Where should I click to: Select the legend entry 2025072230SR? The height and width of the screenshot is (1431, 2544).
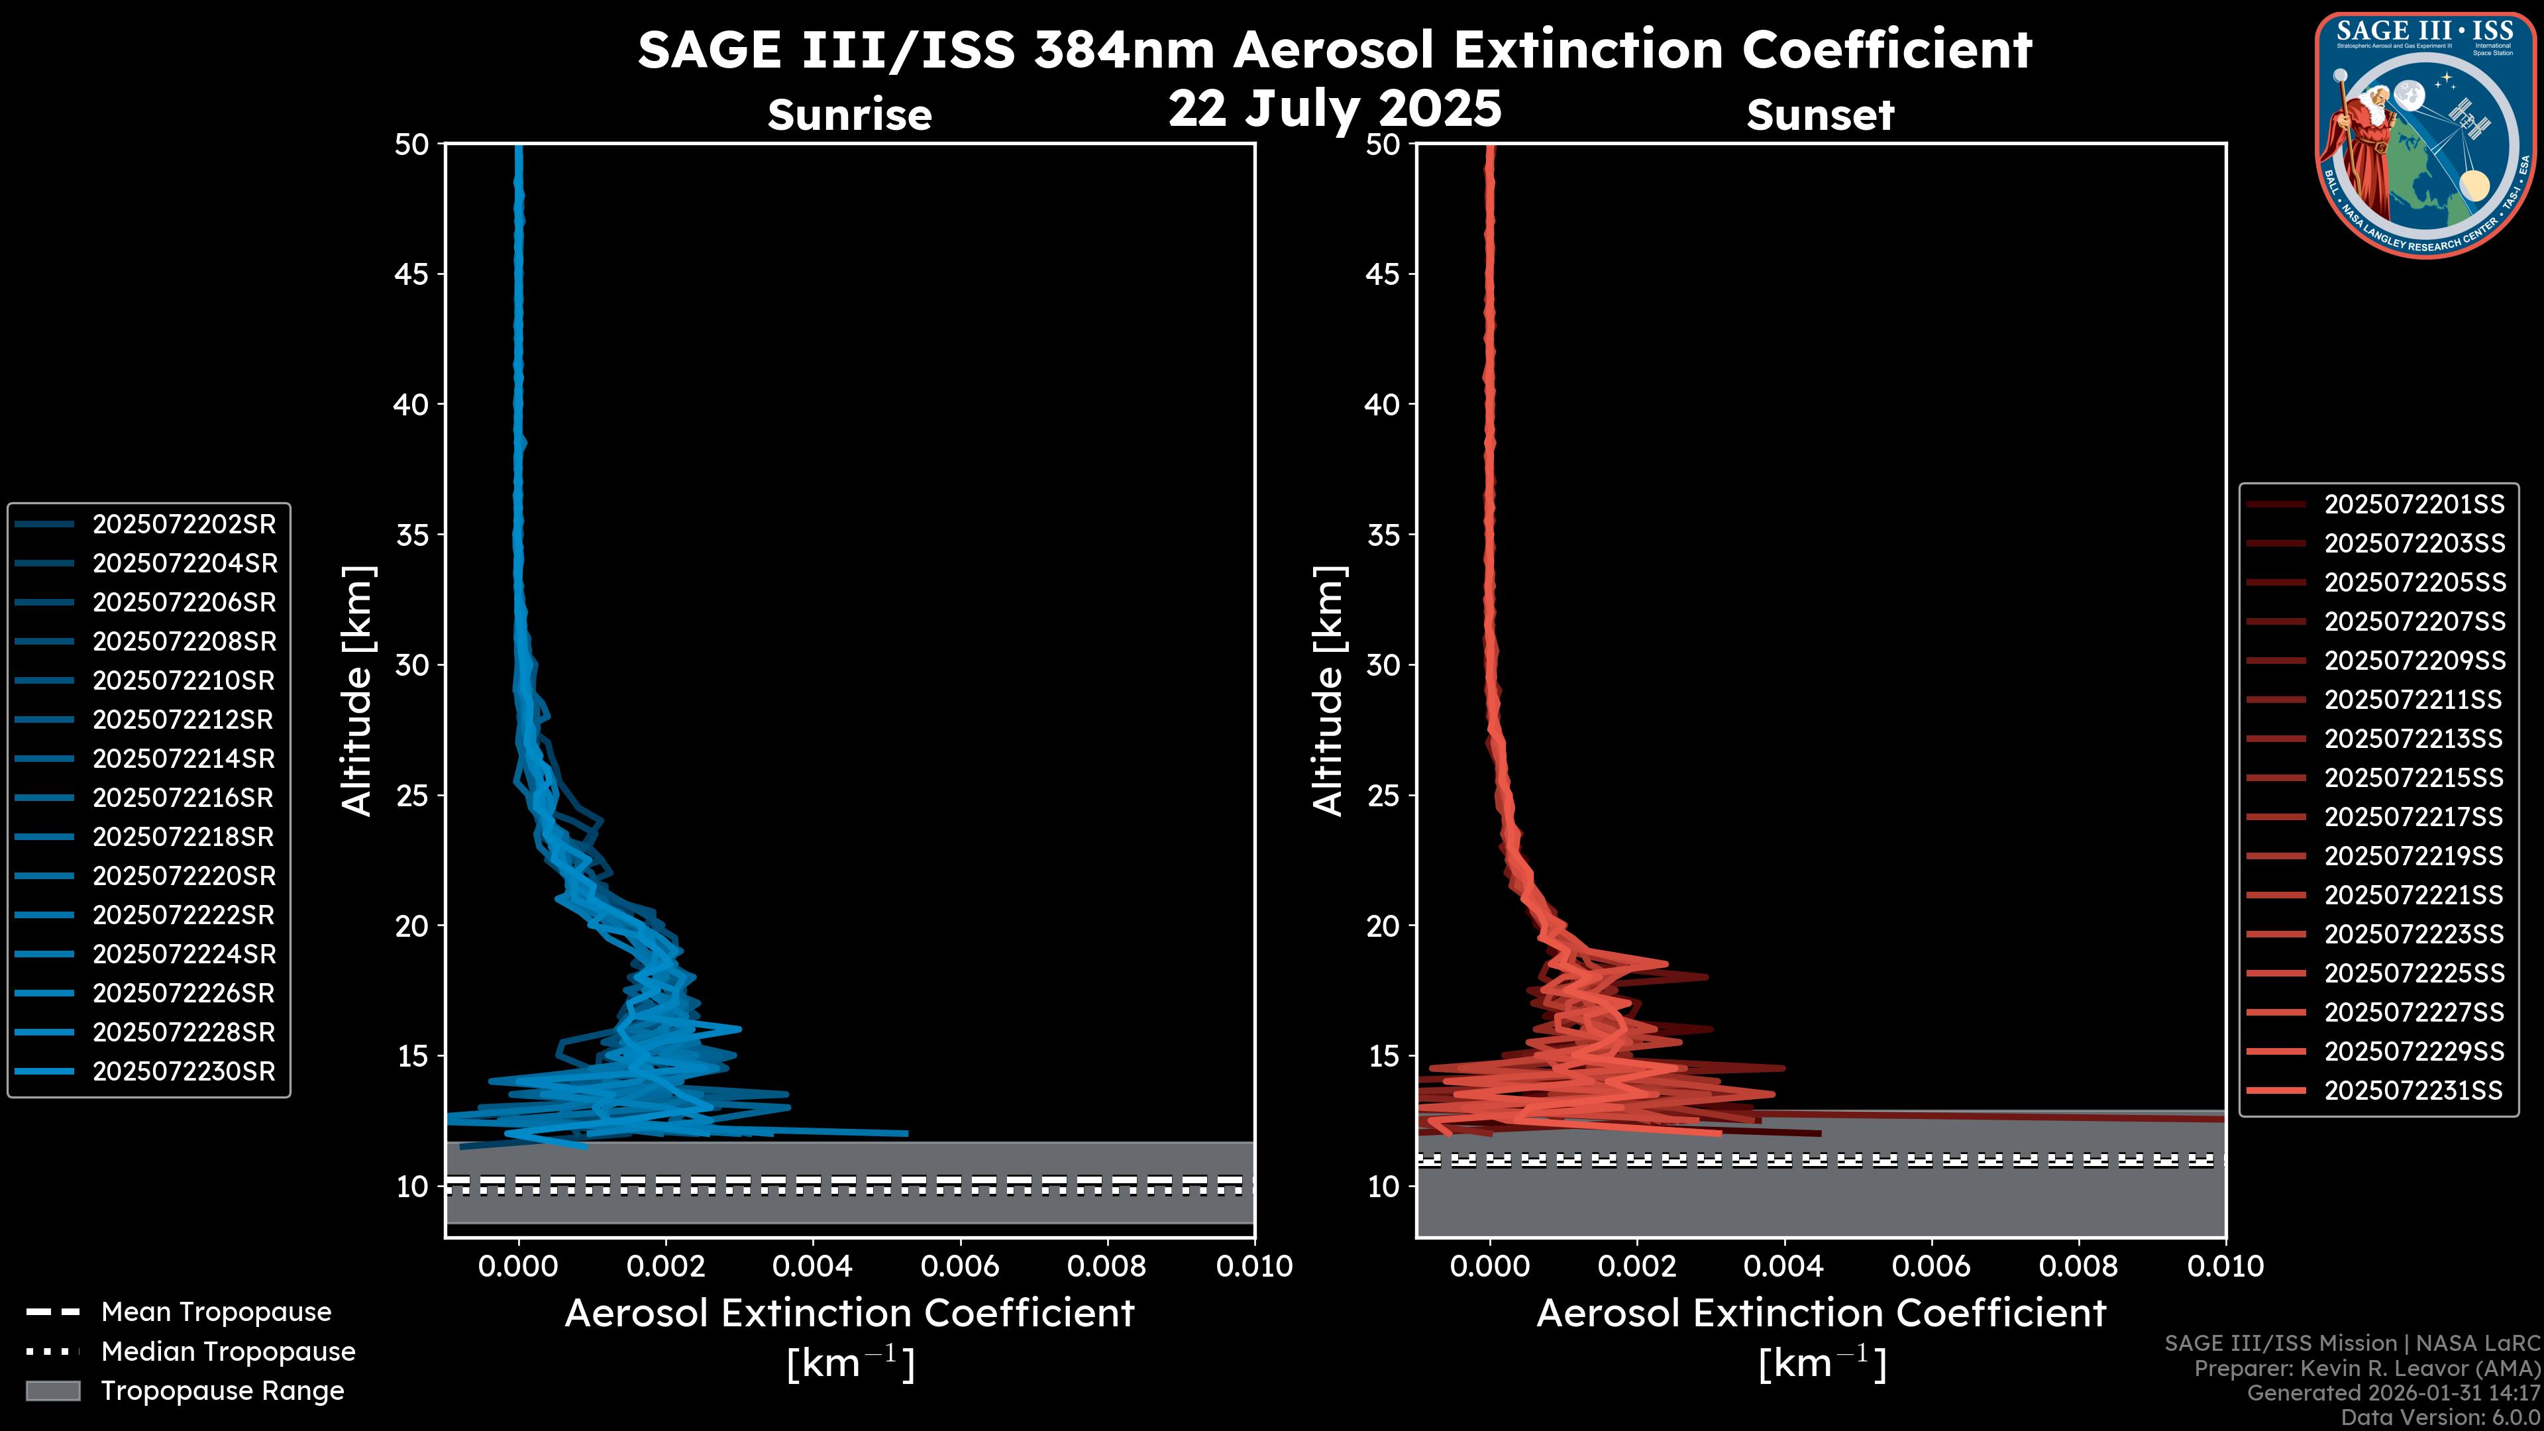click(184, 1071)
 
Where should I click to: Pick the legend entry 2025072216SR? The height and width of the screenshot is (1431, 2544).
click(184, 798)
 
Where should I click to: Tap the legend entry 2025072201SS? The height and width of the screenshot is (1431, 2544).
click(2413, 505)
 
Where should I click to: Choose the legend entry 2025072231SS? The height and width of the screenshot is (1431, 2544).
click(2413, 1090)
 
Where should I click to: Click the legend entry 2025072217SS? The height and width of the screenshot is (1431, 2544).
click(2413, 817)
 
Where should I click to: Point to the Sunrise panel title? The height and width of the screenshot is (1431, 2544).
click(849, 115)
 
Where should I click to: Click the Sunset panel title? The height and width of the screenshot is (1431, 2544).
click(1820, 115)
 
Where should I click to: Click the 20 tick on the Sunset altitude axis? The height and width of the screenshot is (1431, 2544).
click(1383, 926)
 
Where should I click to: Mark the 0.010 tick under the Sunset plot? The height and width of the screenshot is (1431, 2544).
click(2225, 1266)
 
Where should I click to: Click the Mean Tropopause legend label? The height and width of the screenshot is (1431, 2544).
click(216, 1312)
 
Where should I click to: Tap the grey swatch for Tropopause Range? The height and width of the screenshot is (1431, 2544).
click(52, 1391)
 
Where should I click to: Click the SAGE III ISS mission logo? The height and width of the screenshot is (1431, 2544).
click(2427, 134)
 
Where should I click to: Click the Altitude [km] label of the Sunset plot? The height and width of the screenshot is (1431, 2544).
click(1328, 691)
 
